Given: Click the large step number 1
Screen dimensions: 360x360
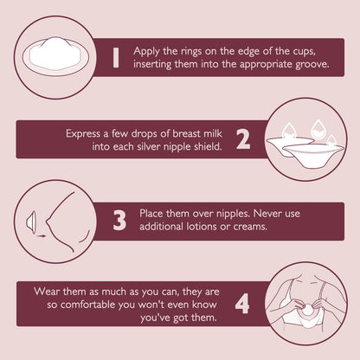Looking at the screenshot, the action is click(x=116, y=58).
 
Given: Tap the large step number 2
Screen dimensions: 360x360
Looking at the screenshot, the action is click(x=243, y=139).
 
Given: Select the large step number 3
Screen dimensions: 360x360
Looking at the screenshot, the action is click(x=119, y=221).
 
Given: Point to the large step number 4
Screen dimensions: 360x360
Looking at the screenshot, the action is click(x=242, y=304).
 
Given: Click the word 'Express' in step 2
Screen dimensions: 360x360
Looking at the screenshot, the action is click(x=83, y=134).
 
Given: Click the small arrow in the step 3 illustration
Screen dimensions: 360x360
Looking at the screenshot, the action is click(x=41, y=235).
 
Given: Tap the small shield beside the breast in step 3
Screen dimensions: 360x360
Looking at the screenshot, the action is click(x=31, y=222).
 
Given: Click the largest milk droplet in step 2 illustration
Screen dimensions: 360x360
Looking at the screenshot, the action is click(x=318, y=130).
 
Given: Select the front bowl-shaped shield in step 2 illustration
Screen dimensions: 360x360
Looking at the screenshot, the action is click(x=312, y=155).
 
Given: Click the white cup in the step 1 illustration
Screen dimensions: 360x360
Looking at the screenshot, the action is click(x=55, y=55).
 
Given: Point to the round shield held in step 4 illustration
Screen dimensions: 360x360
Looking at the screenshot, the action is click(x=307, y=310).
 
